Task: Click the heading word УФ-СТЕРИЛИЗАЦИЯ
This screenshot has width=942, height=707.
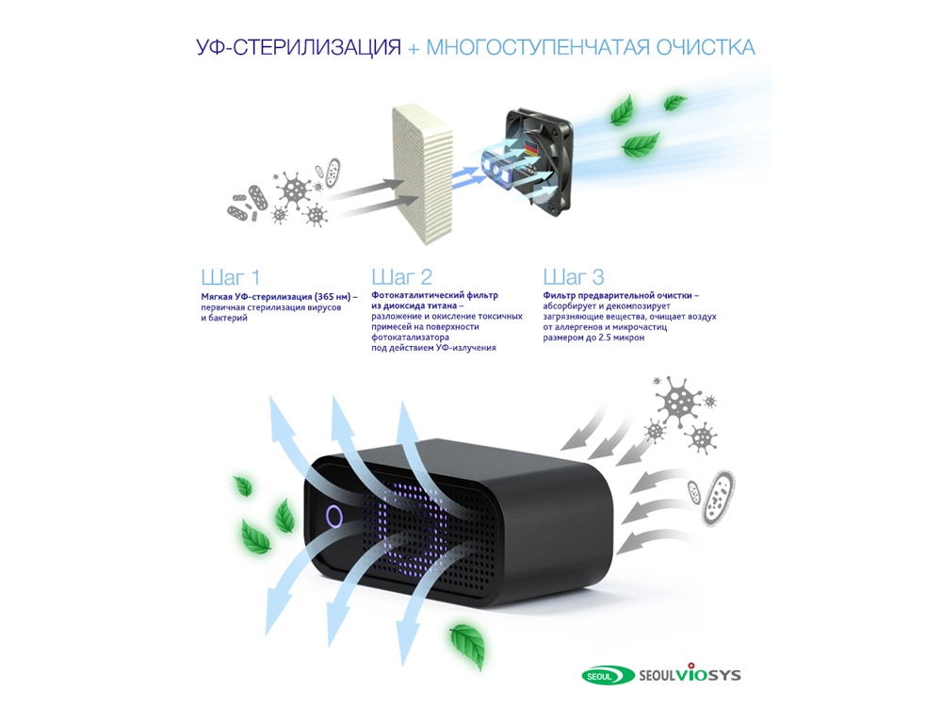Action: click(299, 47)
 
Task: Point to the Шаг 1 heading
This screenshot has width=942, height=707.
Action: click(230, 277)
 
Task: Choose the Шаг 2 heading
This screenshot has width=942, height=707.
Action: click(401, 277)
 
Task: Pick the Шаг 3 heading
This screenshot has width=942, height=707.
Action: click(574, 277)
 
